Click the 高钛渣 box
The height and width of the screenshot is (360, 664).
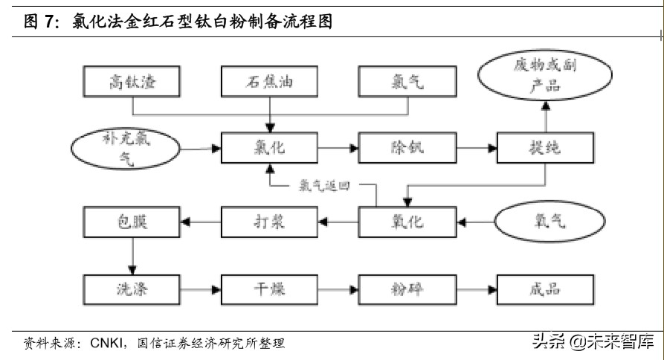click(x=132, y=81)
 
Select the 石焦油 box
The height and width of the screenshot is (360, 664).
click(x=269, y=81)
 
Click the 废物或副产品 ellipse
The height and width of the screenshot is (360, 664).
click(x=546, y=75)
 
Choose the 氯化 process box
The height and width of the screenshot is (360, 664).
click(x=269, y=148)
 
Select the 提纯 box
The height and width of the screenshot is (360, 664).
click(x=546, y=148)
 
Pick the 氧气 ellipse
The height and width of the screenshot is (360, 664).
click(x=546, y=220)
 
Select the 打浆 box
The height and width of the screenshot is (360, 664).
click(x=269, y=220)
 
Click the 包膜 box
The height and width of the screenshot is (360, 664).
click(x=132, y=220)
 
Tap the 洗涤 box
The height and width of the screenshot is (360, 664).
click(x=132, y=288)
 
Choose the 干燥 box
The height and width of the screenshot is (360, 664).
click(x=269, y=288)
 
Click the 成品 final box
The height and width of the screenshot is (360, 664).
click(x=546, y=288)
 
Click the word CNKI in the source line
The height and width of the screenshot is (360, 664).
click(x=109, y=343)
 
